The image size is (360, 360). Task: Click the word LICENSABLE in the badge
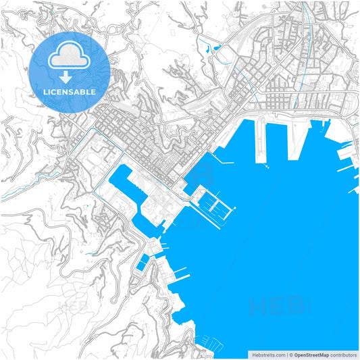70,92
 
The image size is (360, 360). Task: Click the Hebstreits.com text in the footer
268,355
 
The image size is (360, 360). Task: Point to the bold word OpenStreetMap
311,355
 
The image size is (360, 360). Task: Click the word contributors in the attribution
342,355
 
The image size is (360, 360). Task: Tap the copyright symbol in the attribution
292,355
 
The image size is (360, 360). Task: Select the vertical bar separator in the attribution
286,355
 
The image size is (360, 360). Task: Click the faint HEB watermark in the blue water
277,307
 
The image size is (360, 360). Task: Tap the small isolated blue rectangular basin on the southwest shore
141,263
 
